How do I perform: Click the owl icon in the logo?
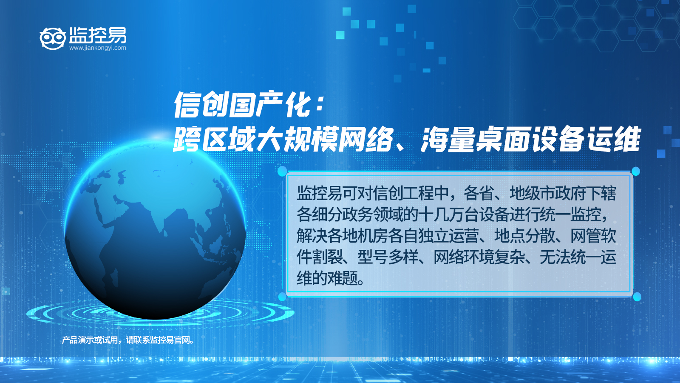point(53,38)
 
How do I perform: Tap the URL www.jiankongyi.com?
point(97,48)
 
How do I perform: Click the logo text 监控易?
point(97,35)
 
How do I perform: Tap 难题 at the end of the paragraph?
point(343,278)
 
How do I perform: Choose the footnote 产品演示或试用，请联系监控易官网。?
point(128,340)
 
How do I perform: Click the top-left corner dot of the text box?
point(282,171)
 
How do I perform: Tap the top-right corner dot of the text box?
point(636,171)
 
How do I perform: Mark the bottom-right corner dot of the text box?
point(637,297)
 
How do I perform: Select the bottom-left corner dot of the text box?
point(282,297)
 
